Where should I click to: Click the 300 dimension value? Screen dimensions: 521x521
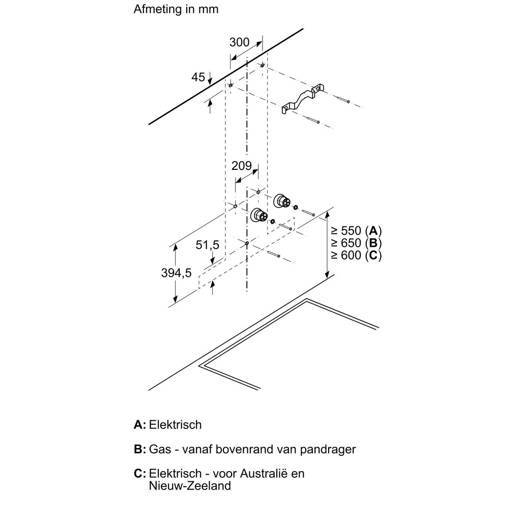(x=239, y=42)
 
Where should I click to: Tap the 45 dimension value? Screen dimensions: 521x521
(x=198, y=77)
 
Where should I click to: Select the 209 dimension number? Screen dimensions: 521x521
(x=242, y=165)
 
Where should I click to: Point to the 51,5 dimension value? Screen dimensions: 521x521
(x=208, y=245)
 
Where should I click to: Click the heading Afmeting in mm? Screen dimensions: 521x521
(x=176, y=9)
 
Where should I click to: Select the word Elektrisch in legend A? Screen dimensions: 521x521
(x=176, y=425)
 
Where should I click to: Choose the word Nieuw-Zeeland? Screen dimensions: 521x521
(x=190, y=486)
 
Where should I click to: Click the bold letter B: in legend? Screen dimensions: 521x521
(x=140, y=449)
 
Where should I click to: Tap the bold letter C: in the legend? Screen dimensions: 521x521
(x=140, y=474)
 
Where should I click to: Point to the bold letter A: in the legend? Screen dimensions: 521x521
(x=140, y=425)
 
